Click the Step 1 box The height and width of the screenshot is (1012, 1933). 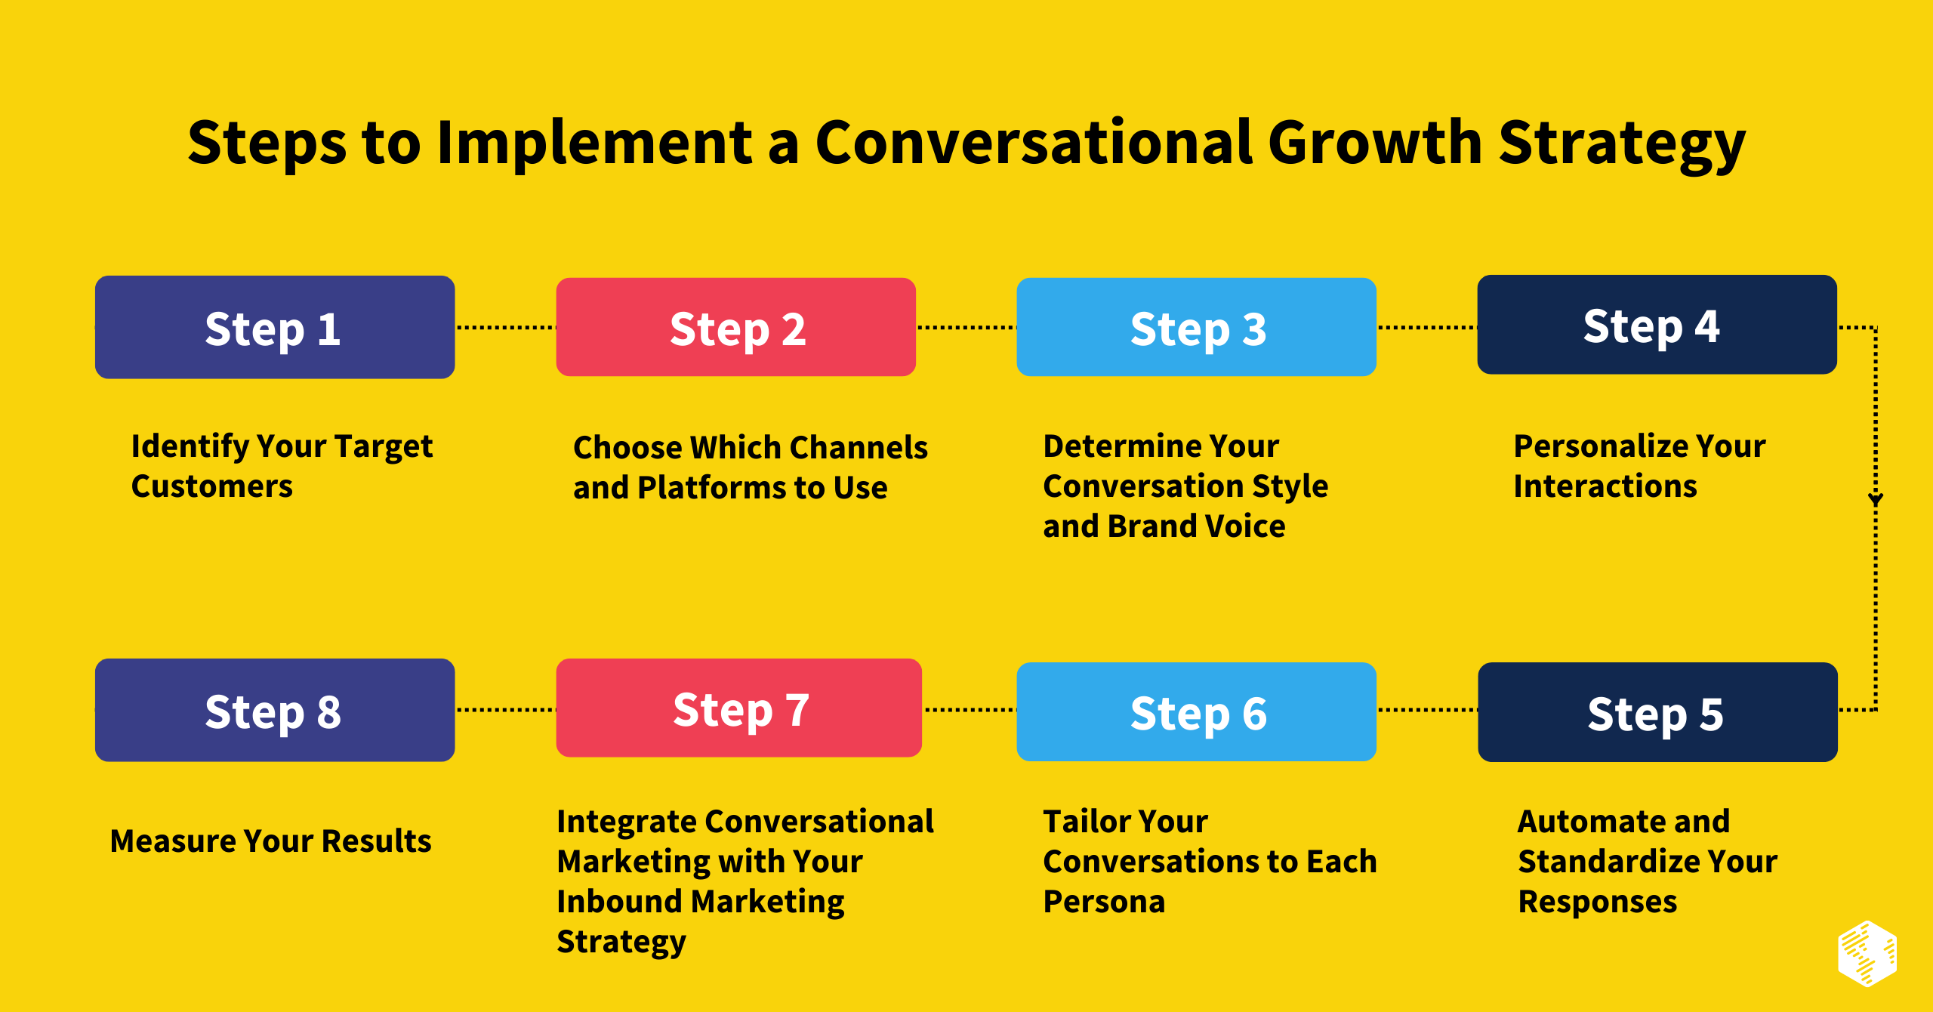[x=275, y=327]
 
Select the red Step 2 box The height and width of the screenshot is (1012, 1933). [x=736, y=327]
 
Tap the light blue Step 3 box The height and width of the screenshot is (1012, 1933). [x=1197, y=327]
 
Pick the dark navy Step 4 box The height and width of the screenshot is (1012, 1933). [x=1657, y=325]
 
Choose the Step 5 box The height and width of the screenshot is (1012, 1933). [x=1658, y=712]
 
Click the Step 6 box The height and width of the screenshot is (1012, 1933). [x=1197, y=712]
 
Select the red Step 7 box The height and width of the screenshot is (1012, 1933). [x=739, y=708]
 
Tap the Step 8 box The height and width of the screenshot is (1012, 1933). [x=275, y=711]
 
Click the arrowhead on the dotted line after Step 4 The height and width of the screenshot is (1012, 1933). [x=1876, y=499]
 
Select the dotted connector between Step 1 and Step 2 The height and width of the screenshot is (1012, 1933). [x=506, y=328]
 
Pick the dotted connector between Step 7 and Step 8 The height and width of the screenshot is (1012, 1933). [x=506, y=710]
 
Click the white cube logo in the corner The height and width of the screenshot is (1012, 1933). [x=1867, y=954]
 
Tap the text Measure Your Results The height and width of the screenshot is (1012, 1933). [x=270, y=841]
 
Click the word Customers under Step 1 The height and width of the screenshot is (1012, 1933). [x=211, y=486]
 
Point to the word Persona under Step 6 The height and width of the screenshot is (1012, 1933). [x=1104, y=902]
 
